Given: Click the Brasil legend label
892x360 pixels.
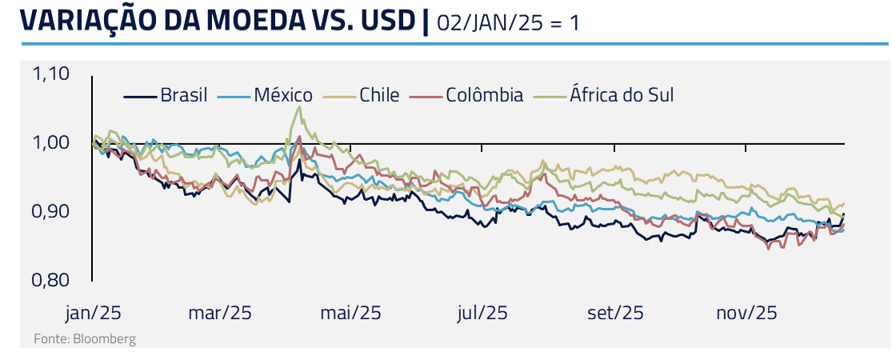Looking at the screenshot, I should pyautogui.click(x=183, y=95).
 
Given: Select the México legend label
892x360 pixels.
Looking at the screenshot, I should pyautogui.click(x=283, y=95).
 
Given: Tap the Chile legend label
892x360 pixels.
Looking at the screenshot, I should pyautogui.click(x=378, y=95).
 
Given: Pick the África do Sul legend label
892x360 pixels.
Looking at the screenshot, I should pyautogui.click(x=622, y=95).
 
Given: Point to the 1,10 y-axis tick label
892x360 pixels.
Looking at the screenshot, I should pyautogui.click(x=51, y=74).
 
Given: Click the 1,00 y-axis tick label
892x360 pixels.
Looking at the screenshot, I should pyautogui.click(x=51, y=143).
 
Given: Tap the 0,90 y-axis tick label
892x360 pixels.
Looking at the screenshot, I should pyautogui.click(x=51, y=212).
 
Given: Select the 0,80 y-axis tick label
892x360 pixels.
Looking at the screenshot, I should pyautogui.click(x=51, y=281).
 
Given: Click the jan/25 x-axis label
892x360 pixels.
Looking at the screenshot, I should pyautogui.click(x=92, y=313).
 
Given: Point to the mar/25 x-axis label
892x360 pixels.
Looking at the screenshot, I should pyautogui.click(x=220, y=313).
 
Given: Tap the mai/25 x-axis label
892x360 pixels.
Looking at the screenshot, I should pyautogui.click(x=350, y=313).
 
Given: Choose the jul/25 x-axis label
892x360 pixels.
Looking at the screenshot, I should pyautogui.click(x=482, y=313).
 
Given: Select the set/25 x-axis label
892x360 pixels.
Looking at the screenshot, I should pyautogui.click(x=615, y=313).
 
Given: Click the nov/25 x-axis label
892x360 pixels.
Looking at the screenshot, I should pyautogui.click(x=746, y=313).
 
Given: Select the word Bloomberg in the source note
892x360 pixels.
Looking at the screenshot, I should pyautogui.click(x=104, y=339).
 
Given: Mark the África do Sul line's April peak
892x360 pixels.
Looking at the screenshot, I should pyautogui.click(x=299, y=107).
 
